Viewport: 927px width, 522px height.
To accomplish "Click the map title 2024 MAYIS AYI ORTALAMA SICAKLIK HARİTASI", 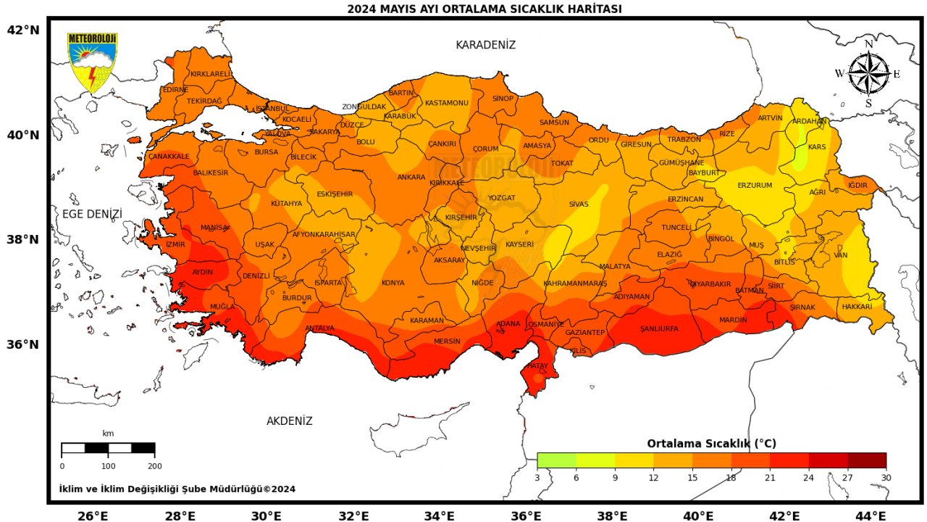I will point(484,9).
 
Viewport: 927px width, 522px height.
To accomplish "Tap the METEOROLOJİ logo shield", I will point(92,62).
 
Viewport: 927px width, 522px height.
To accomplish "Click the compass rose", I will point(868,74).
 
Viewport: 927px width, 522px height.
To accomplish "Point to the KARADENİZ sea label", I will point(485,45).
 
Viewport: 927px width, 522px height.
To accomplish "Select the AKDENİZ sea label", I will point(289,421).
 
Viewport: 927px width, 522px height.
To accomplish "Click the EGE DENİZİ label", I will point(92,214).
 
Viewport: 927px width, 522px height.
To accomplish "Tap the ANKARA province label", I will point(411,178).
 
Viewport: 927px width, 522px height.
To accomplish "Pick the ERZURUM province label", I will point(755,186).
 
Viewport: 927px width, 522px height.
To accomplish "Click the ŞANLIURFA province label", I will point(659,329).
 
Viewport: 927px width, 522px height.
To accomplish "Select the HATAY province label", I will point(537,366).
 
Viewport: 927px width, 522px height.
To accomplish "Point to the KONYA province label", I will point(393,283).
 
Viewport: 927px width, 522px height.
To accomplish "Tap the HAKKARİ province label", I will point(857,307).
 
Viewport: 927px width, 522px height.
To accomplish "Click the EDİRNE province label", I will point(175,90).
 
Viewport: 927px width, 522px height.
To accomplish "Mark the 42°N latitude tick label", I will point(22,30).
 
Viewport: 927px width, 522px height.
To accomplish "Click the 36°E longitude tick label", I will point(527,515).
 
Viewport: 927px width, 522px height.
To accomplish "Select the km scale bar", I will point(108,448).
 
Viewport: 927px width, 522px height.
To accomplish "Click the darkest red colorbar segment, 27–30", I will point(866,460).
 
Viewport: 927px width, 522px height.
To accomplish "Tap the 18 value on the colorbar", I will point(731,478).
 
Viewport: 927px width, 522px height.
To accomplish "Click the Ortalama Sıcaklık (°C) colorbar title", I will point(711,443).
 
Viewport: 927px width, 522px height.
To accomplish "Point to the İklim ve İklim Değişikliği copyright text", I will point(177,489).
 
